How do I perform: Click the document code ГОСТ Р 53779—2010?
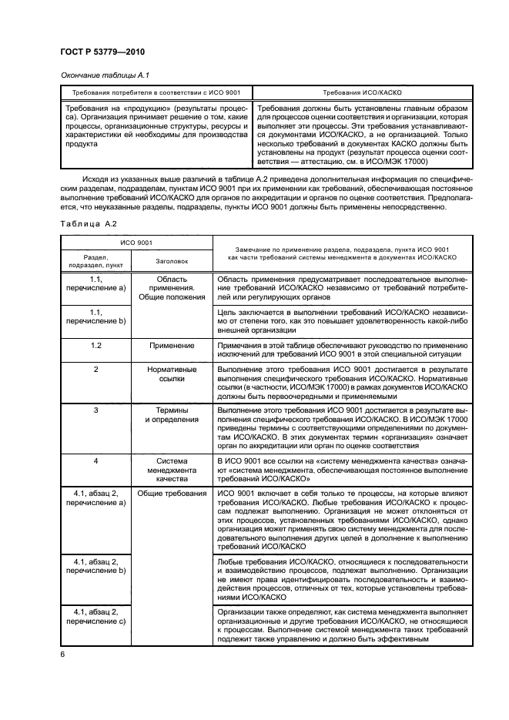102,52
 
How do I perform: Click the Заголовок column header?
172,261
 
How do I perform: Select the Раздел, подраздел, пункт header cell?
96,261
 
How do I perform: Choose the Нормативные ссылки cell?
172,374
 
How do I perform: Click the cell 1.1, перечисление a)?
96,283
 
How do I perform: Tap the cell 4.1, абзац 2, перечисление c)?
96,618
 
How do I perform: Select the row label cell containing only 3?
96,410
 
